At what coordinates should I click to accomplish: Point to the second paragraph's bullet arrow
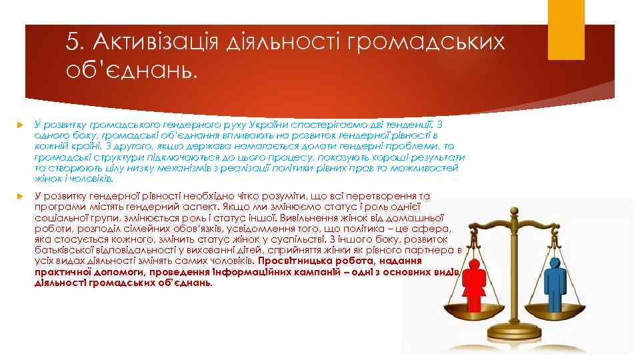19,196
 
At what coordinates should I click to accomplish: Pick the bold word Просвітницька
291,261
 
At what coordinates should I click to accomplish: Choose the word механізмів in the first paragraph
187,168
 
